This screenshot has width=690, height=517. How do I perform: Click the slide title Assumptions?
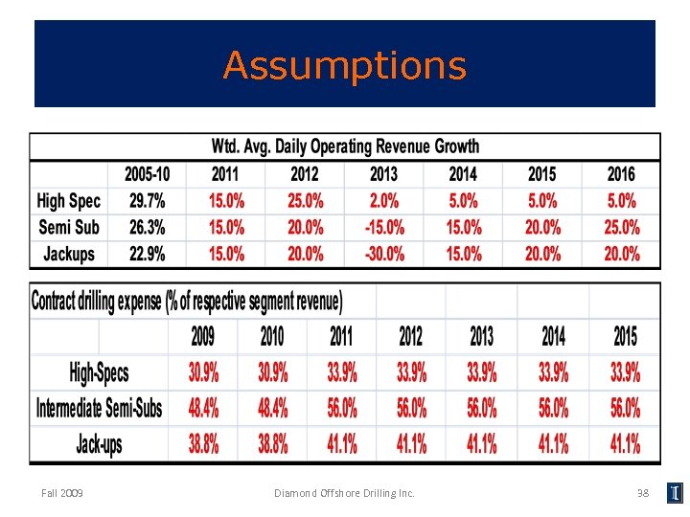coord(345,66)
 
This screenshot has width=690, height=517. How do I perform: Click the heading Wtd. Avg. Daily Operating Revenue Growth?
coord(345,146)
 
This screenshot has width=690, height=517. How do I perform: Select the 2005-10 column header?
coord(148,174)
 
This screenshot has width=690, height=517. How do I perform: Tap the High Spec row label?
coord(68,201)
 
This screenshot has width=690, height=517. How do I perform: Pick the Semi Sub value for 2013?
coord(383,228)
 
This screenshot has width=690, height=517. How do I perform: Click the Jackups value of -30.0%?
coord(383,254)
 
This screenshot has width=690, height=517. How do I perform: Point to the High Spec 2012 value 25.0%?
coord(305,201)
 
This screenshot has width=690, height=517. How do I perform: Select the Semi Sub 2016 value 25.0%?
coord(621,228)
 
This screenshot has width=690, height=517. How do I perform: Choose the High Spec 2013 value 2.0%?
coord(383,201)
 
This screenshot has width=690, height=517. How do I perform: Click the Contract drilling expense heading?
coord(187,302)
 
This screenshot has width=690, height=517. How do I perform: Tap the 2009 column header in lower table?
coord(202,336)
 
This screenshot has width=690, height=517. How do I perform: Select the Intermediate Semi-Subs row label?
coord(99,409)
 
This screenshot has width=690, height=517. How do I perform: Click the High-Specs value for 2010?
coord(272,372)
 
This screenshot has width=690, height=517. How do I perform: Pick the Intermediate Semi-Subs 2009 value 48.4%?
coord(202,409)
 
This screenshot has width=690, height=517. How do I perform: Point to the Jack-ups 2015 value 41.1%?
coord(625,443)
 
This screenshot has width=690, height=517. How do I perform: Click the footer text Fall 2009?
coord(62,493)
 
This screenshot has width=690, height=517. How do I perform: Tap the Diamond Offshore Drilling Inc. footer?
coord(344,493)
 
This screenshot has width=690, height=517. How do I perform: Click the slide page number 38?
coord(643,493)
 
